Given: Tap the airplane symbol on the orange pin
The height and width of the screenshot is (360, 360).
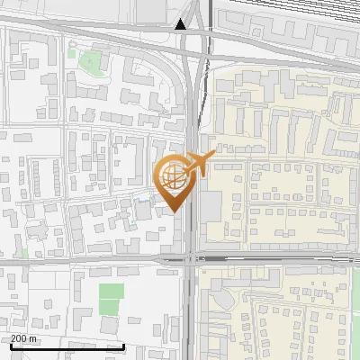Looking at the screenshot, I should click(198, 163).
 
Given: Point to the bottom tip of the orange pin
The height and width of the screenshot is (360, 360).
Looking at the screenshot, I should click(174, 211).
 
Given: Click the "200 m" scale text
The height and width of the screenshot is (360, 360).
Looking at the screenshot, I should click(24, 338).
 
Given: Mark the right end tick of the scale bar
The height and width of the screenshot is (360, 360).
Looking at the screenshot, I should click(123, 345).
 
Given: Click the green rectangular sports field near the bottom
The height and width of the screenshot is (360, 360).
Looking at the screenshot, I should click(111, 292).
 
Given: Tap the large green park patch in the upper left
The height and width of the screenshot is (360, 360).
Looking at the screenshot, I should click(89, 62).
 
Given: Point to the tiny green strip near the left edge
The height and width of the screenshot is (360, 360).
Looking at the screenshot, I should click(23, 253).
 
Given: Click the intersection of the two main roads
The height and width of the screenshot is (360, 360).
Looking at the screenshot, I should click(192, 258).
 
